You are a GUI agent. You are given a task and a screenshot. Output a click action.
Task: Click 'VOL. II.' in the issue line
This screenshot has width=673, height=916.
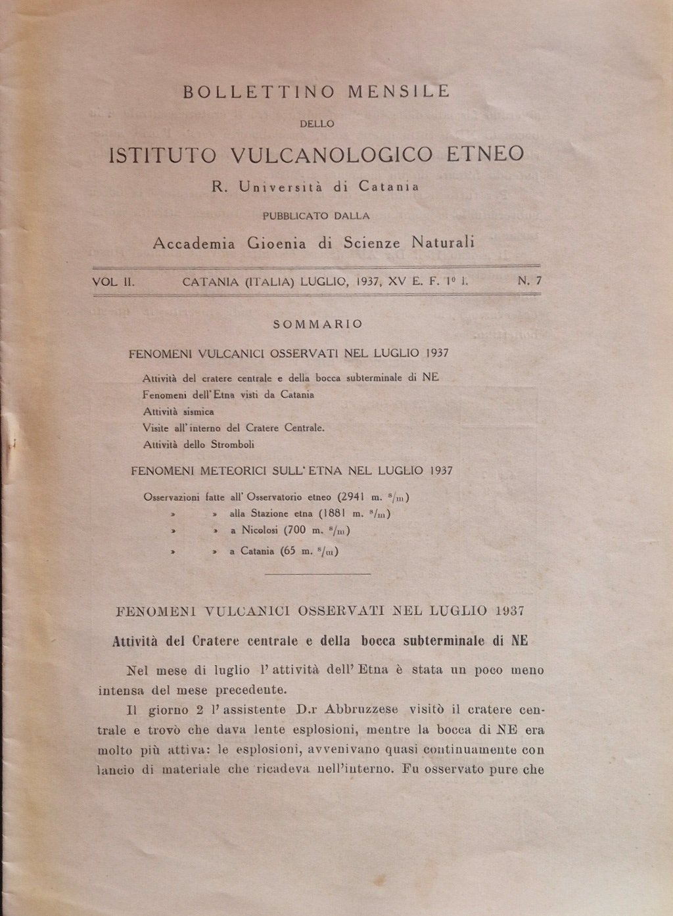coord(114,281)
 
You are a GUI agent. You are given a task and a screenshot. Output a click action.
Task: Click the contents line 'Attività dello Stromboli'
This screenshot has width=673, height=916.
coord(198,444)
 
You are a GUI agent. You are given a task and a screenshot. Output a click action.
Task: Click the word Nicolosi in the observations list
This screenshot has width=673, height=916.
coord(258,531)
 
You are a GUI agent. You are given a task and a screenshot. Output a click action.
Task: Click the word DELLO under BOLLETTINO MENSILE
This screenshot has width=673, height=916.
coord(317,123)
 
